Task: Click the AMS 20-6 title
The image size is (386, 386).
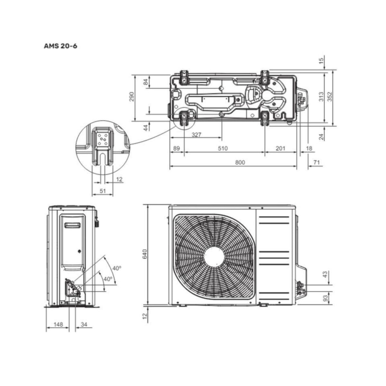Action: tap(60, 46)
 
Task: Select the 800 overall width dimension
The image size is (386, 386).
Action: tap(240, 162)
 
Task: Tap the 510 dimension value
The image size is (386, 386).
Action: tap(223, 148)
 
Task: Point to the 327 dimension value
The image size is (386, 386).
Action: tap(196, 134)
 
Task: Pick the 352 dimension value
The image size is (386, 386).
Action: tap(329, 96)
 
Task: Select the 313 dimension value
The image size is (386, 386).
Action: tap(321, 96)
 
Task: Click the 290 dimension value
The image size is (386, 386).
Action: tap(131, 96)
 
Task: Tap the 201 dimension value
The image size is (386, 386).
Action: tap(280, 148)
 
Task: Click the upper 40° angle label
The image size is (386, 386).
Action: tap(117, 268)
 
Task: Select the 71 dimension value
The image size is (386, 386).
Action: tap(317, 162)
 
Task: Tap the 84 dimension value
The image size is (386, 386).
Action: tap(146, 82)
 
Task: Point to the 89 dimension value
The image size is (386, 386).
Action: tap(177, 148)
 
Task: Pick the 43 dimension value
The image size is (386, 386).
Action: tap(325, 274)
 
